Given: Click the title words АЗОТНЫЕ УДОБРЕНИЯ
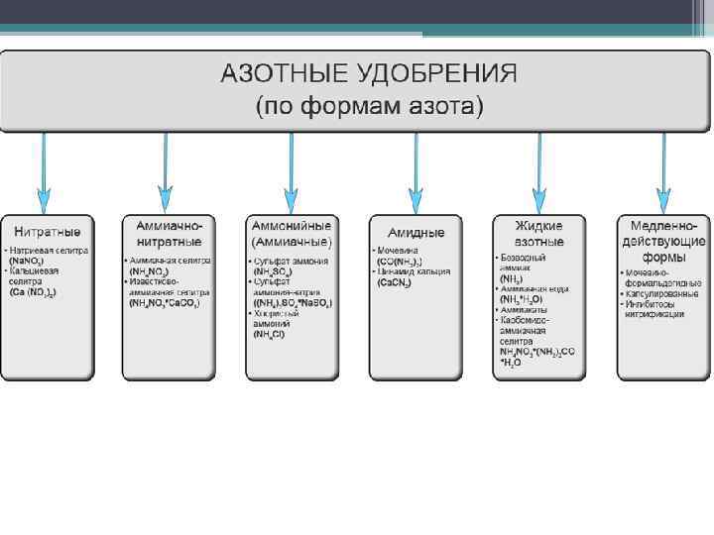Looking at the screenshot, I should (368, 74).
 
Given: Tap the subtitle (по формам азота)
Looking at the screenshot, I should (368, 105).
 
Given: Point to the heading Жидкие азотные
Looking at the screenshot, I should (538, 234).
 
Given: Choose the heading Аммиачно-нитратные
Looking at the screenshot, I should (169, 234).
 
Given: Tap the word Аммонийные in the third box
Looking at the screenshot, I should (292, 226).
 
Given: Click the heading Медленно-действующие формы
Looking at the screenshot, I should (662, 241).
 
